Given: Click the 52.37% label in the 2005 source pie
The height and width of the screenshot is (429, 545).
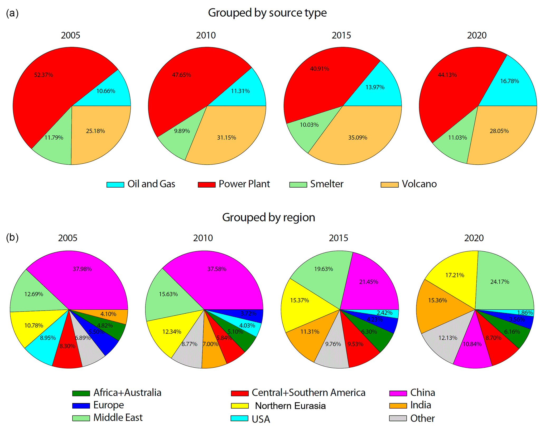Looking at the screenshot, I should (x=44, y=75).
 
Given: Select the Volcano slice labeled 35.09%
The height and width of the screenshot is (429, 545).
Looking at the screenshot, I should (x=358, y=137).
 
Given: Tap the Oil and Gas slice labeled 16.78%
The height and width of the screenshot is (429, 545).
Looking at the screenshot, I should (x=509, y=81).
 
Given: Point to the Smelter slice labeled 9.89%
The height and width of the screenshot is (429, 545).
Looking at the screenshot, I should (x=182, y=131).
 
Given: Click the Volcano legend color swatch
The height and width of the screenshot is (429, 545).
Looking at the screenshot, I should (x=389, y=184).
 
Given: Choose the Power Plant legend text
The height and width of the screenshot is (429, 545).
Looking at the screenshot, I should (x=244, y=184).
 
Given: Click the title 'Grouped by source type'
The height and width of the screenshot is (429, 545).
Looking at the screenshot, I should (x=267, y=13).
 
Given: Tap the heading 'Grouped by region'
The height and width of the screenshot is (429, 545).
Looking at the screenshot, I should (x=268, y=217).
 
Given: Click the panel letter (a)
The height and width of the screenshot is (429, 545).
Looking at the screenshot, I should (x=12, y=13).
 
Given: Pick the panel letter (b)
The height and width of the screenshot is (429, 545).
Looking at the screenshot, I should (x=12, y=237).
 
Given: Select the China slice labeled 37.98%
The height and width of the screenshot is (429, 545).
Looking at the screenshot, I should (x=82, y=269).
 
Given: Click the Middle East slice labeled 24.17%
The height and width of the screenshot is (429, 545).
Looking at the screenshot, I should (x=500, y=282).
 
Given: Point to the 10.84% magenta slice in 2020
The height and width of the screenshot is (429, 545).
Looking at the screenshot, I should (x=472, y=350).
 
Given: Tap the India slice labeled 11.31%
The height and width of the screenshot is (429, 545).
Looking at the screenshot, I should (x=310, y=331).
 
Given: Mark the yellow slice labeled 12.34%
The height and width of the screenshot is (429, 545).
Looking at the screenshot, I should (x=172, y=331).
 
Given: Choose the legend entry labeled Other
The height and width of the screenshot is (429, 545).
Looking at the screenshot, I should (x=422, y=418).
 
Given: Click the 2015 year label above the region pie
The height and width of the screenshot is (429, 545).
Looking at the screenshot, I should (x=338, y=238).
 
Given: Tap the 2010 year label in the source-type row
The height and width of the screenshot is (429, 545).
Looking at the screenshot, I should (x=206, y=35).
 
